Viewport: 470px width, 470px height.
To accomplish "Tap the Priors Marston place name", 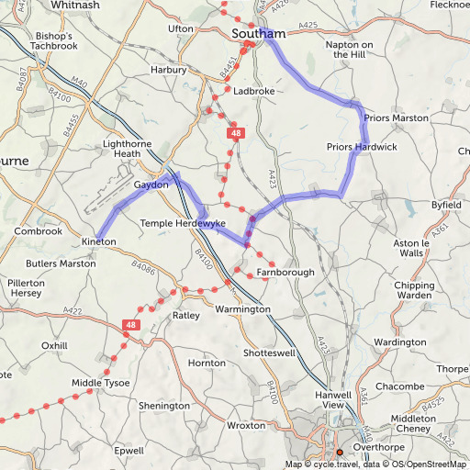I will click(x=396, y=118).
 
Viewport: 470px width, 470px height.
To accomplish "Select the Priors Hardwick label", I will click(x=362, y=147).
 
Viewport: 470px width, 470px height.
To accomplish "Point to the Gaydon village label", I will click(x=151, y=185).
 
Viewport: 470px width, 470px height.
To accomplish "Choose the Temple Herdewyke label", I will click(x=183, y=223).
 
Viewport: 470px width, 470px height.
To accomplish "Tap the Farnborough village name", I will click(x=285, y=273).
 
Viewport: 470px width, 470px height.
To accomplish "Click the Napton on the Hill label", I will click(x=349, y=50).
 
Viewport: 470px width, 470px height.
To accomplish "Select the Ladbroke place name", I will click(x=253, y=92).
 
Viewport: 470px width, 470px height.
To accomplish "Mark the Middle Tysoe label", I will click(x=100, y=383).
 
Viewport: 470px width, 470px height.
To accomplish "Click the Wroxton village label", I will click(x=245, y=427).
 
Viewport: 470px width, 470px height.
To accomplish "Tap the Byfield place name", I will click(x=446, y=205).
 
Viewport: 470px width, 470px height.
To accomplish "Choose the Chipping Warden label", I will click(x=414, y=291).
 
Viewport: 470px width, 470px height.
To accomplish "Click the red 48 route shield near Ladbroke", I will click(x=237, y=135).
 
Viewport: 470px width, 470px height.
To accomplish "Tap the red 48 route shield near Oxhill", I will click(x=131, y=325).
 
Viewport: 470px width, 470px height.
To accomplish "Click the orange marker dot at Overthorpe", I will click(x=339, y=453).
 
